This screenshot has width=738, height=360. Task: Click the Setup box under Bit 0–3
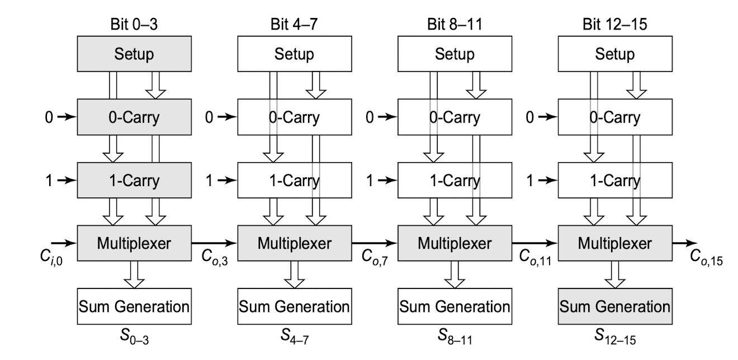134,54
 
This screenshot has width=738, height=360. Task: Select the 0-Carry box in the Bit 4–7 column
295,117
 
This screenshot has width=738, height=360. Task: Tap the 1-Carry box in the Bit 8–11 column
455,180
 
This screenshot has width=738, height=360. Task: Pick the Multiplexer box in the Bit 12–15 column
615,243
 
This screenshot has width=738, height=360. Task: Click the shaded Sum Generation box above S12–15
615,306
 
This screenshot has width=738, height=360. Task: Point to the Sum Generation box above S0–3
134,306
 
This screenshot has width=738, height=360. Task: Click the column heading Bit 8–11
455,24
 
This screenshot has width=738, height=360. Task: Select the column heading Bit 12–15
615,24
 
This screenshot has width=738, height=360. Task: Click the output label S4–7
295,337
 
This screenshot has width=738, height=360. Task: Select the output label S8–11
455,337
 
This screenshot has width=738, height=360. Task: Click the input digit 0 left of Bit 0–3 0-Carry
49,117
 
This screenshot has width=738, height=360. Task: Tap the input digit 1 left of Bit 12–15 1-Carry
530,181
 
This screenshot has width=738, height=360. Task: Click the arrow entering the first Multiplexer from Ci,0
64,243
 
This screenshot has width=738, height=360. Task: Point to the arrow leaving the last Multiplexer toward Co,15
685,243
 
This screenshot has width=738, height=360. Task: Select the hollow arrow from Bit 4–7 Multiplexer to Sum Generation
295,274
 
